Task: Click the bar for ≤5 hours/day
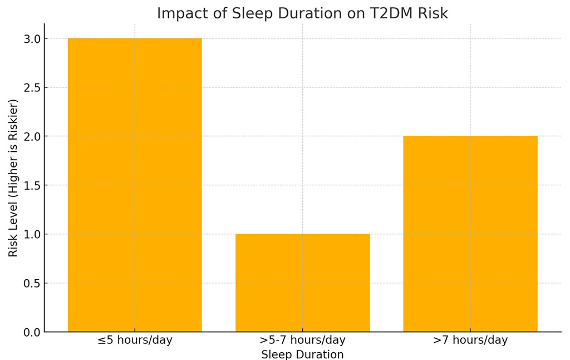click(x=135, y=185)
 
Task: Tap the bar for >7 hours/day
click(x=470, y=234)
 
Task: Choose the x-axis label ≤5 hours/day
click(x=135, y=341)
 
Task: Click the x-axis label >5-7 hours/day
click(x=302, y=341)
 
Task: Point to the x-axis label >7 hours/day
click(x=470, y=341)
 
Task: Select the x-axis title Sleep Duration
click(x=302, y=354)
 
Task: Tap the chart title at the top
click(x=302, y=13)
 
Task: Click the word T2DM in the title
click(x=391, y=13)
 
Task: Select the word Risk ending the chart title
click(x=434, y=13)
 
